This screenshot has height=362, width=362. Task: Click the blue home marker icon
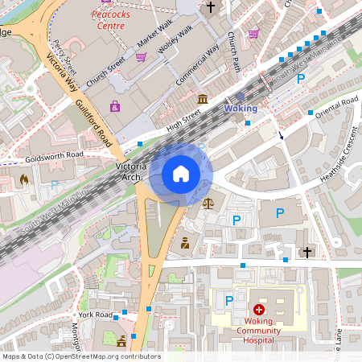click(181, 173)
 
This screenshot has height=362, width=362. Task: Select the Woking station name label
click(241, 108)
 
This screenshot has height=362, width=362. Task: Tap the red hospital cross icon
click(258, 309)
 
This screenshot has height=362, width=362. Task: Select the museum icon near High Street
click(202, 99)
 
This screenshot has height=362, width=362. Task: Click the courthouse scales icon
click(209, 204)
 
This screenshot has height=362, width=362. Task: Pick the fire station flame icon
click(24, 179)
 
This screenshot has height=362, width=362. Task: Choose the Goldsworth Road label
click(53, 154)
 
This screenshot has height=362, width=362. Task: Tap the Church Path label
click(234, 52)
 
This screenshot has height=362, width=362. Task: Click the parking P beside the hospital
click(229, 300)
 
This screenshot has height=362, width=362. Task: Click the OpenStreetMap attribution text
click(80, 356)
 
